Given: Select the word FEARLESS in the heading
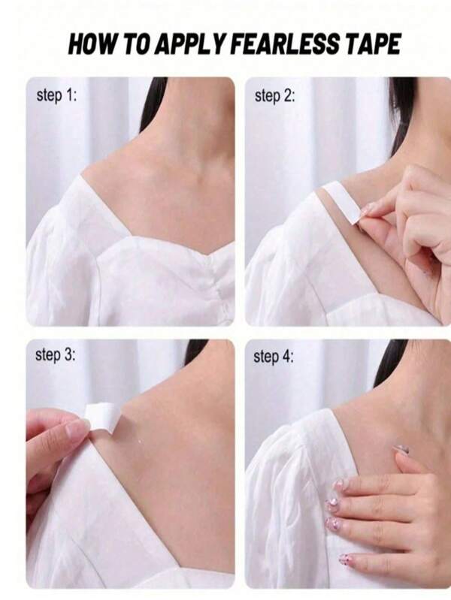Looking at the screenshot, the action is coord(287,44).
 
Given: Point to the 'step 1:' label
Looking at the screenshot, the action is coord(56,95).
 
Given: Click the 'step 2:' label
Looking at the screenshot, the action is coord(275,95).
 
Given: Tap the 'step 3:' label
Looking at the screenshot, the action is coord(56,355).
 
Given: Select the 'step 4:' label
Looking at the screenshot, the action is coord(274,357).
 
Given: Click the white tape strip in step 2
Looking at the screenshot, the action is coord(342,202).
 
